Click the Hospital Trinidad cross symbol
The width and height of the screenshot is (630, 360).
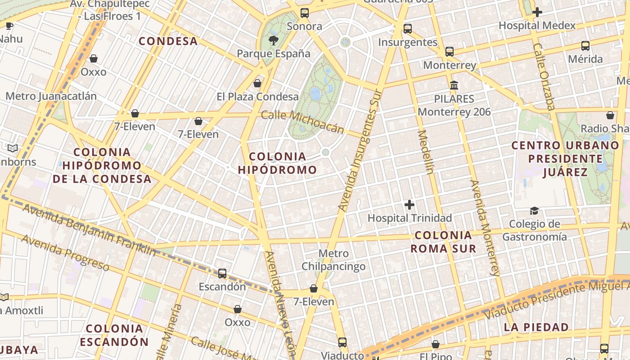409,205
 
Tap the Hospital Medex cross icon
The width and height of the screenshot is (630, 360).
537,12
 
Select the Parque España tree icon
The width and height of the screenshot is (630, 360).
273,40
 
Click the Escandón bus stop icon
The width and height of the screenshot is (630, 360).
222,273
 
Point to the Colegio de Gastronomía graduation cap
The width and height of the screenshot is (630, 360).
534,211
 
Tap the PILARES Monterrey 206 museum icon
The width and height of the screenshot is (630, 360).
454,85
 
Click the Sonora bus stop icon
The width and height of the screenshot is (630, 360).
305,13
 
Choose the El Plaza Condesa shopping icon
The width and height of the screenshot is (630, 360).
257,83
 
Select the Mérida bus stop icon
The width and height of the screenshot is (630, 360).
585,45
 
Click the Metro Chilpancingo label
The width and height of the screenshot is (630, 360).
333,260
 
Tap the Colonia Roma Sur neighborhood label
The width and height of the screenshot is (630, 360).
443,242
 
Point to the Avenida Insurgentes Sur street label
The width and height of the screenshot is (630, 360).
360,151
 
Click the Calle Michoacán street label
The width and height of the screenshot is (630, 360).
302,122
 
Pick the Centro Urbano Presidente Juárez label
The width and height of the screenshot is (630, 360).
565,159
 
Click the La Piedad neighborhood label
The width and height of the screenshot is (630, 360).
536,327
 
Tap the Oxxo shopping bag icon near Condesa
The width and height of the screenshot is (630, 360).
94,59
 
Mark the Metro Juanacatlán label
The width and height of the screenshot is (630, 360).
51,96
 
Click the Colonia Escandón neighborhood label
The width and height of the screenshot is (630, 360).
114,335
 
